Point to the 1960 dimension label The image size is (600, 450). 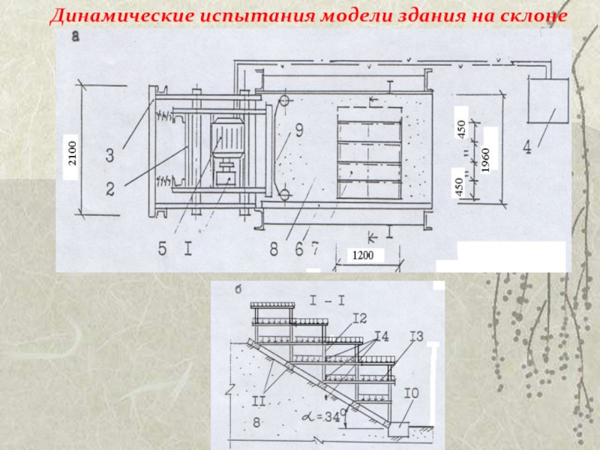[486, 160]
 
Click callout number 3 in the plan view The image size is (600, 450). [109, 155]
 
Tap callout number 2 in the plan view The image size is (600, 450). [109, 189]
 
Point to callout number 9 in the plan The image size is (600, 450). [298, 130]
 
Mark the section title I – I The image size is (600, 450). [328, 301]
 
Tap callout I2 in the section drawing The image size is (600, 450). [360, 318]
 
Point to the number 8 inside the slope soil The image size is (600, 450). [256, 423]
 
